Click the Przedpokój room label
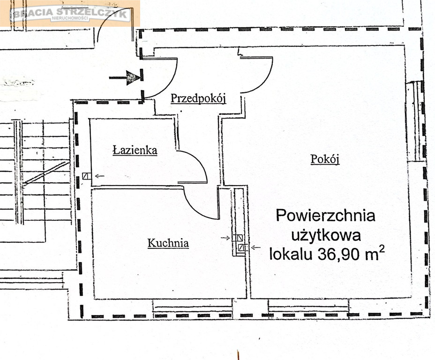198,98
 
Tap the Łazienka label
135,150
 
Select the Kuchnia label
168,243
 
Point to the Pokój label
325,159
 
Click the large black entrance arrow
125,77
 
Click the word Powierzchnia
325,216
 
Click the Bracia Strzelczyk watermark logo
70,14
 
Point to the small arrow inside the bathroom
100,176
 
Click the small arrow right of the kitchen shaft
256,247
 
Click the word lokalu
291,254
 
